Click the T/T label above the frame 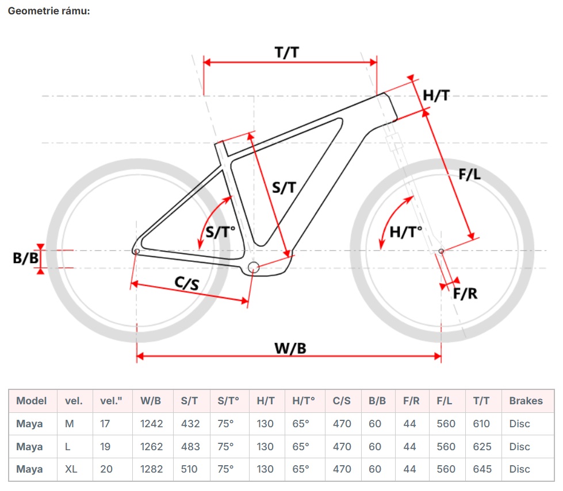(286, 52)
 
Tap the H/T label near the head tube (436, 95)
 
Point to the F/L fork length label (469, 175)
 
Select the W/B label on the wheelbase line (290, 348)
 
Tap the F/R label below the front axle (465, 293)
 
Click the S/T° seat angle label (221, 232)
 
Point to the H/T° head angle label (405, 232)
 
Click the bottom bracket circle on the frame (254, 266)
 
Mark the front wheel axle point (441, 250)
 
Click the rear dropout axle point (136, 250)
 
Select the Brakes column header (526, 401)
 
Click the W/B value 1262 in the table (152, 446)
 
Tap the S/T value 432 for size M (190, 424)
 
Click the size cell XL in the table (71, 469)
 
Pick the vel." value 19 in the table (106, 446)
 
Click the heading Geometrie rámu (49, 11)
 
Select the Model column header (31, 401)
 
